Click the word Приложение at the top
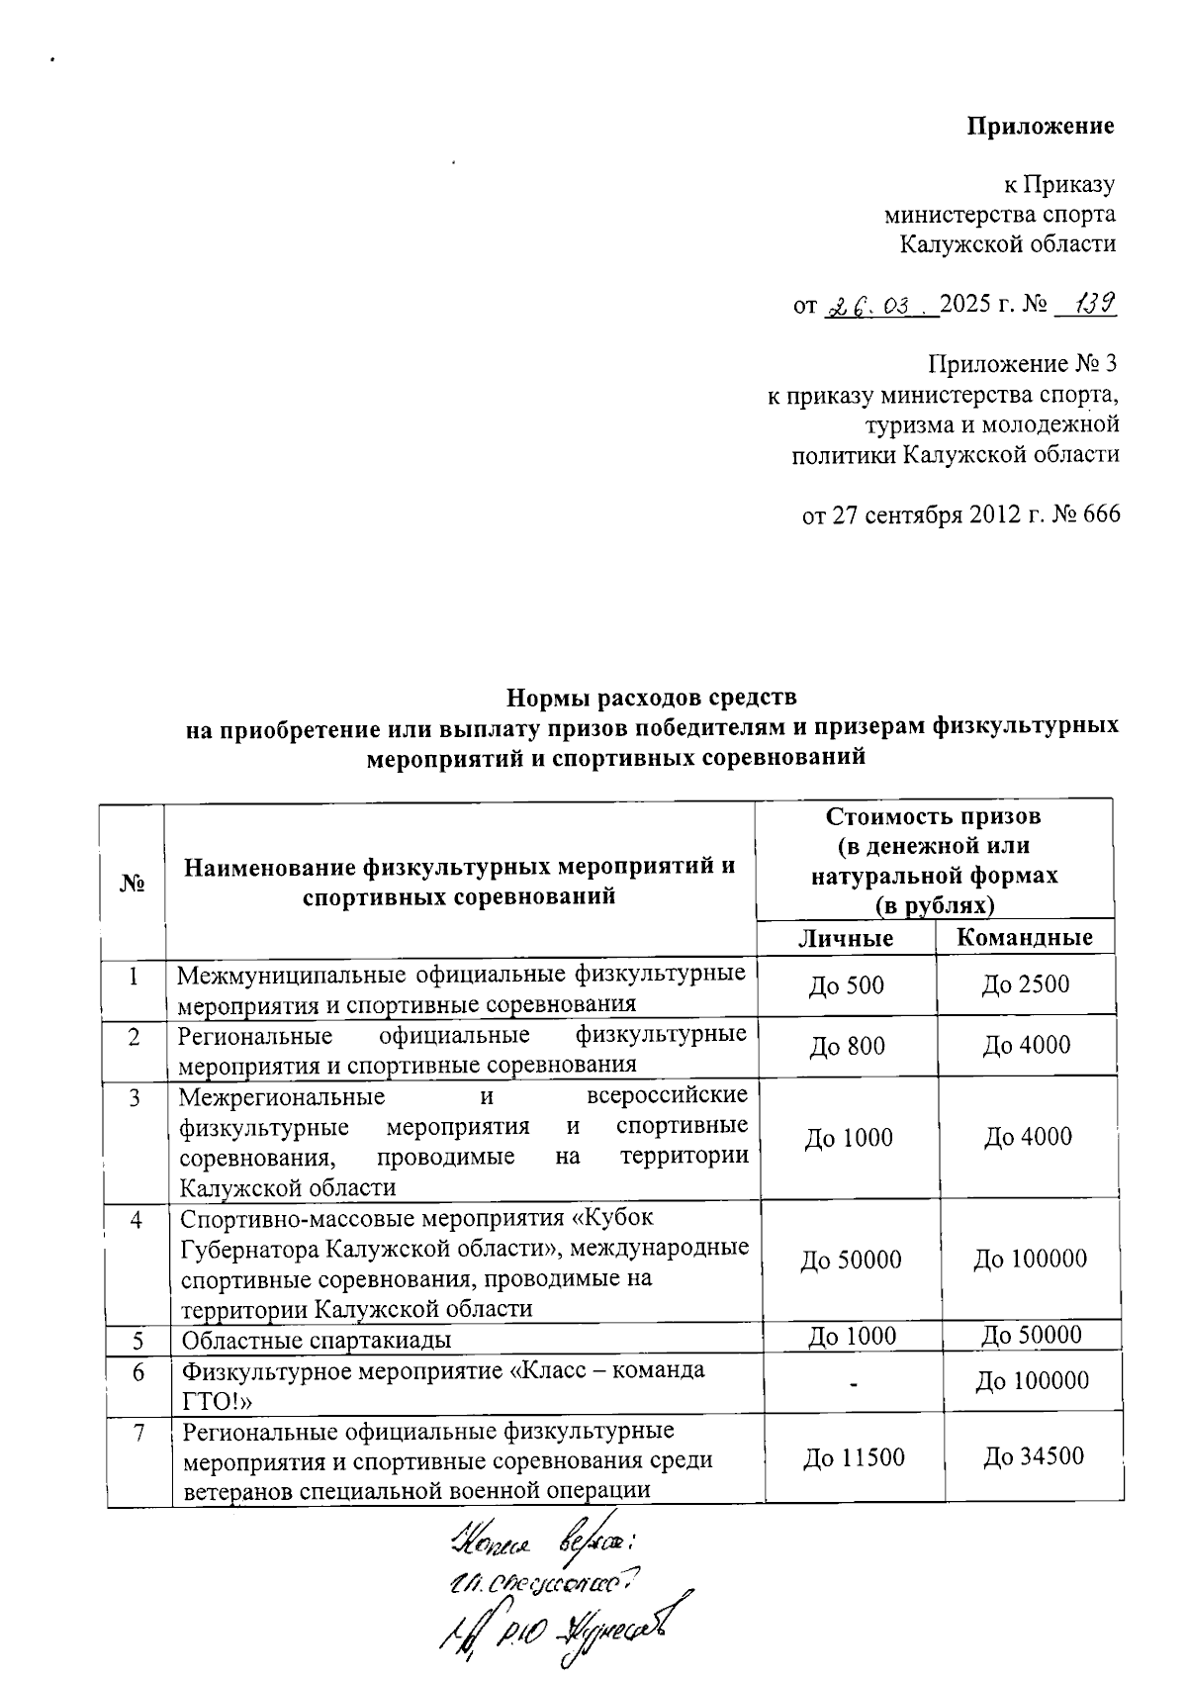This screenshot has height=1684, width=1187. (x=1040, y=127)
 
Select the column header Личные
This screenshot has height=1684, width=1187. (x=846, y=938)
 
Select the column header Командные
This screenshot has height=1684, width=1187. (x=1025, y=938)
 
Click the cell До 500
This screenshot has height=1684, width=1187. (x=846, y=985)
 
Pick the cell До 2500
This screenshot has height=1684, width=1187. (x=1025, y=984)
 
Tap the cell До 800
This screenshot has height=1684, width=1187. (x=847, y=1047)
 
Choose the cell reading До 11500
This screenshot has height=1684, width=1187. (x=854, y=1457)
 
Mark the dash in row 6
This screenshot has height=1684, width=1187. (x=853, y=1383)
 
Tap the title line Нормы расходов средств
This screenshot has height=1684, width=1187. (x=651, y=699)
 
